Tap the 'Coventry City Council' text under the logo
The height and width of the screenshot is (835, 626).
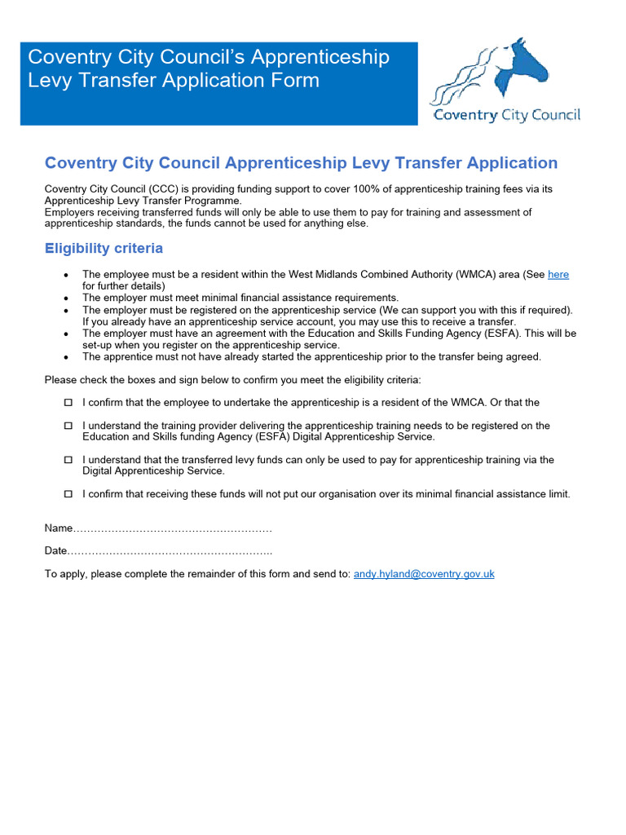coord(506,115)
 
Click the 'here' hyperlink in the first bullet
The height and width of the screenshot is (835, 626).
coord(558,275)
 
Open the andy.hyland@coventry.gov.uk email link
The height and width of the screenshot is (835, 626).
coord(424,574)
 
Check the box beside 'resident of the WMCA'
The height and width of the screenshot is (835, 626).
coord(68,403)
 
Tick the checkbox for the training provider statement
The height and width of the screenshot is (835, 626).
coord(68,426)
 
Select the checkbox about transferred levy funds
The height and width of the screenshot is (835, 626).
coord(68,460)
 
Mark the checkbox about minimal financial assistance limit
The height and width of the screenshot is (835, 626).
coord(68,494)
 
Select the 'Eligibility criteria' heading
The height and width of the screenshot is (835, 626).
coord(104,248)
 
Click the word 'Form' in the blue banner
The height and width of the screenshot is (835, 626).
coord(294,81)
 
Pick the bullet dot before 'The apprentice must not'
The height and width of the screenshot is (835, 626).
coord(65,357)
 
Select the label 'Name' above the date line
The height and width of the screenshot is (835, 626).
coord(59,528)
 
